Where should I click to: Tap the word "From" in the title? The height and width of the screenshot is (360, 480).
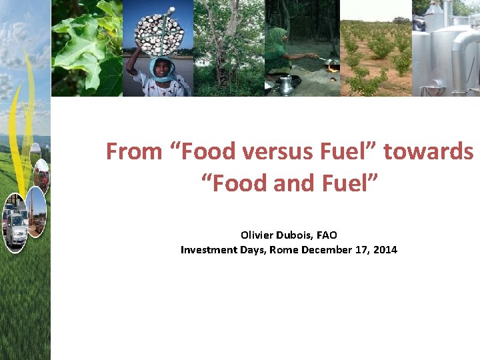[x=134, y=152]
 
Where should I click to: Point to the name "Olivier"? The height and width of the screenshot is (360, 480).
[x=257, y=235]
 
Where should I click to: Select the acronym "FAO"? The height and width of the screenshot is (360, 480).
[x=326, y=235]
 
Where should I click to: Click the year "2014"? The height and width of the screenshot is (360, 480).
[x=385, y=250]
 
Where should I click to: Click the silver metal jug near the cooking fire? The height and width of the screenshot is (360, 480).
[x=286, y=85]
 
